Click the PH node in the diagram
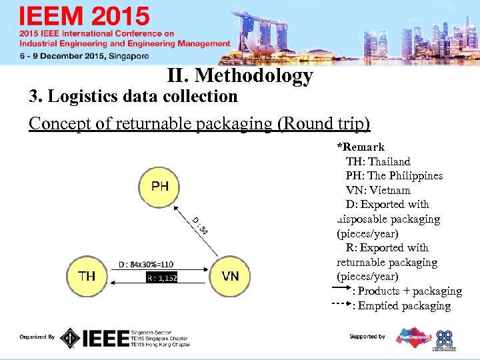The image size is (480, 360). coord(160,186)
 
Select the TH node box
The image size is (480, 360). coord(87,275)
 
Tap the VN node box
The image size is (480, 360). coord(231,275)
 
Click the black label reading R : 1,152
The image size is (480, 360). coord(162,277)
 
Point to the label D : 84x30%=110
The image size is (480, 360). coord(146,264)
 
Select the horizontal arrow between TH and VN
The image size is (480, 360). coord(160,283)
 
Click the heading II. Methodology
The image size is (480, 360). coord(241,76)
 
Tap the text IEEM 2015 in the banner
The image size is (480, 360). coord(85,17)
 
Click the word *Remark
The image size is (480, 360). coord(361,147)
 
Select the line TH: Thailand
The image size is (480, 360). coord(378,161)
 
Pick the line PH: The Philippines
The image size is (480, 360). coord(394,176)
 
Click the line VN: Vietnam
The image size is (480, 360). coord(378,190)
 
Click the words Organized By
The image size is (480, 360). coord(37,337)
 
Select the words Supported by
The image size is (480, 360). coord(367,337)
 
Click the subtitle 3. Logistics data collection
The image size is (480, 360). coord(133,97)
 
